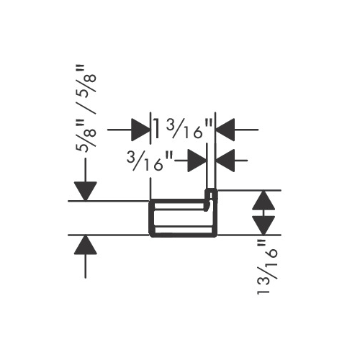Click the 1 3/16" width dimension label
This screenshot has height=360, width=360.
[183, 129]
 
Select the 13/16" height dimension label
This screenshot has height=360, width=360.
[267, 267]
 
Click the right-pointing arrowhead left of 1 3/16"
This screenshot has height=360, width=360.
[140, 130]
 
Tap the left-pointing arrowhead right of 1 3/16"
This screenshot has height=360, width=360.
[225, 130]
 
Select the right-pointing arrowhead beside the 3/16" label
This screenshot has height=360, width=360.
[197, 161]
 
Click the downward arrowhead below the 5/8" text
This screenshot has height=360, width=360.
[86, 191]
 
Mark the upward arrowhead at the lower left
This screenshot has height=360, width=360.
[86, 245]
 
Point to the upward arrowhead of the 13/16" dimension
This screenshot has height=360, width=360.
[264, 200]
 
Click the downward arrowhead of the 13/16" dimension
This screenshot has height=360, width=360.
[264, 225]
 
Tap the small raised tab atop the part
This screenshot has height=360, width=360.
[211, 194]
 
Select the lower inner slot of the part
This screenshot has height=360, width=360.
[184, 230]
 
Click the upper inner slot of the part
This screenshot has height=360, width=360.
[181, 207]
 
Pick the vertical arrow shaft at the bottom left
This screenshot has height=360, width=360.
[86, 266]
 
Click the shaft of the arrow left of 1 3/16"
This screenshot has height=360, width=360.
[120, 130]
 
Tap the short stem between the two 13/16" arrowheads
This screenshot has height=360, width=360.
[264, 213]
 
